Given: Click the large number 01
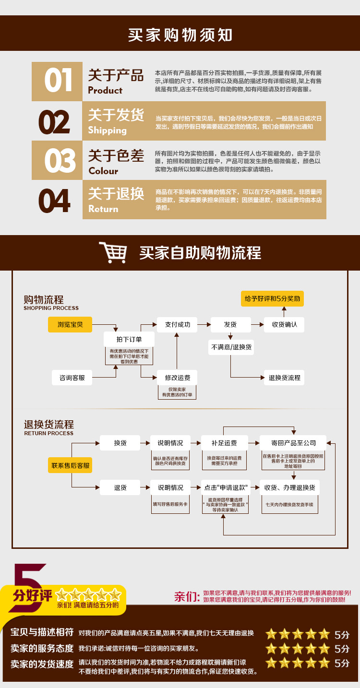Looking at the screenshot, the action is coord(58,81).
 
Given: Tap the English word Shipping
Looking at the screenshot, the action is coord(107,130).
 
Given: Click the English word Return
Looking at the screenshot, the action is coord(103,209).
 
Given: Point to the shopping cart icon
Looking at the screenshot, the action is coord(113,252).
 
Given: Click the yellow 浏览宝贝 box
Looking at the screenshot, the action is coord(70,325).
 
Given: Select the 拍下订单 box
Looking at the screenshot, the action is coord(129,339).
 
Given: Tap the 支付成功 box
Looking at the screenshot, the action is coord(178,325).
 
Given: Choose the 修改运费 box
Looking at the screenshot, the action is coord(178,378).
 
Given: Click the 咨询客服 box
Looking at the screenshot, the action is coord(72,378).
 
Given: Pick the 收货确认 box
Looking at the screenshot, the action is coord(285,325).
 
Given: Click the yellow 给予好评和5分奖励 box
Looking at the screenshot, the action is coord(272,299).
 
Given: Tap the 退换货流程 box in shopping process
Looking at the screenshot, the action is coord(285,378).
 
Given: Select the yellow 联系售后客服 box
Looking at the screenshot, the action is coord(71,465).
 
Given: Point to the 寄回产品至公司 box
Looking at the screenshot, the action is coord(293,443).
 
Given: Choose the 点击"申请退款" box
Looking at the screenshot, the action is coord(226,487).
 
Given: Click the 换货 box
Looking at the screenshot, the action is coord(120,443).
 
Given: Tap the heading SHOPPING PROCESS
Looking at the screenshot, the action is coord(51,308).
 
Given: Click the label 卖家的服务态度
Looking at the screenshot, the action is coord(42,648).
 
